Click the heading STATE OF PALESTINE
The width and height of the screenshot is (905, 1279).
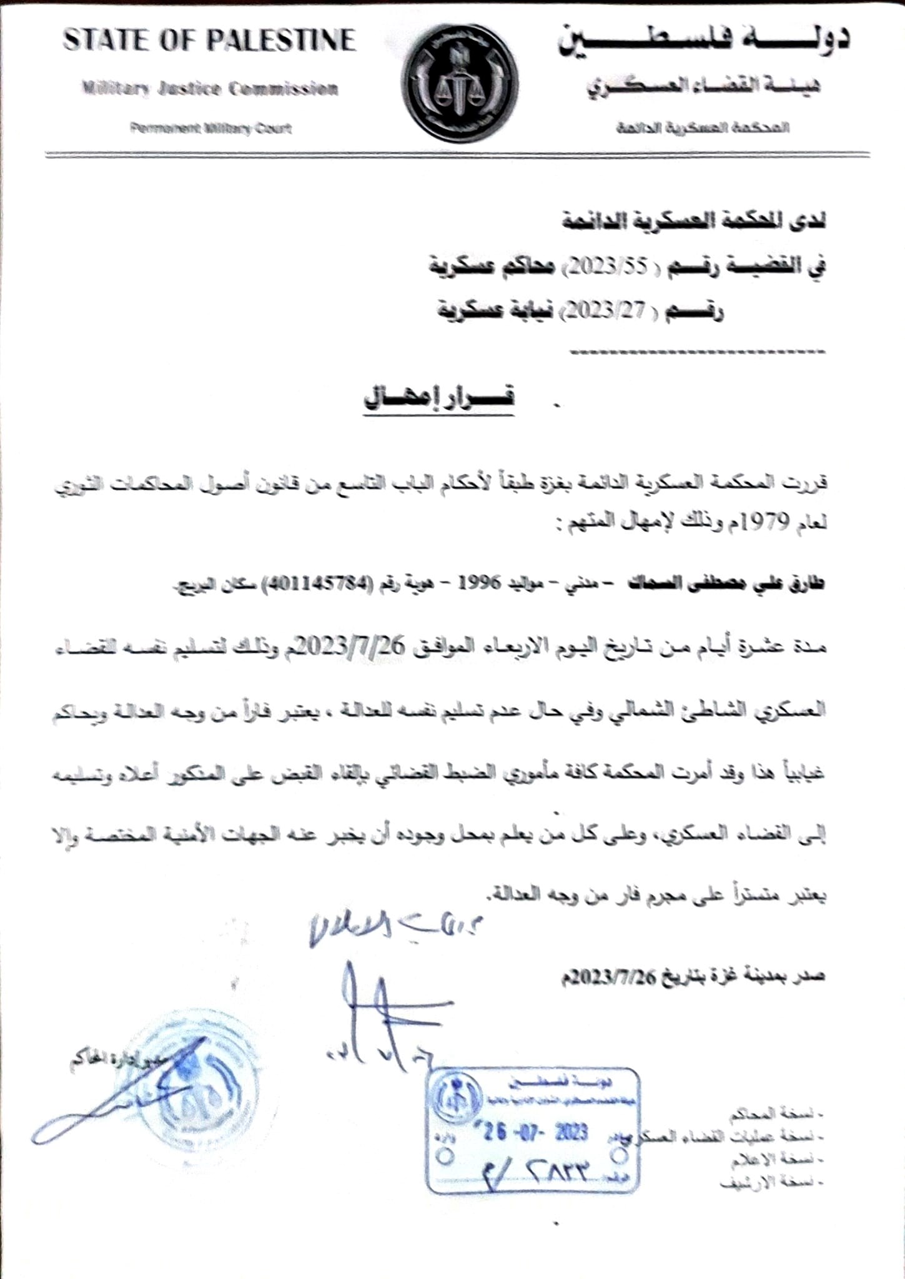(209, 41)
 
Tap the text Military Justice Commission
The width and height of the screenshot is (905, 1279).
(210, 89)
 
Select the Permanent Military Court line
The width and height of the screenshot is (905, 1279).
(211, 129)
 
